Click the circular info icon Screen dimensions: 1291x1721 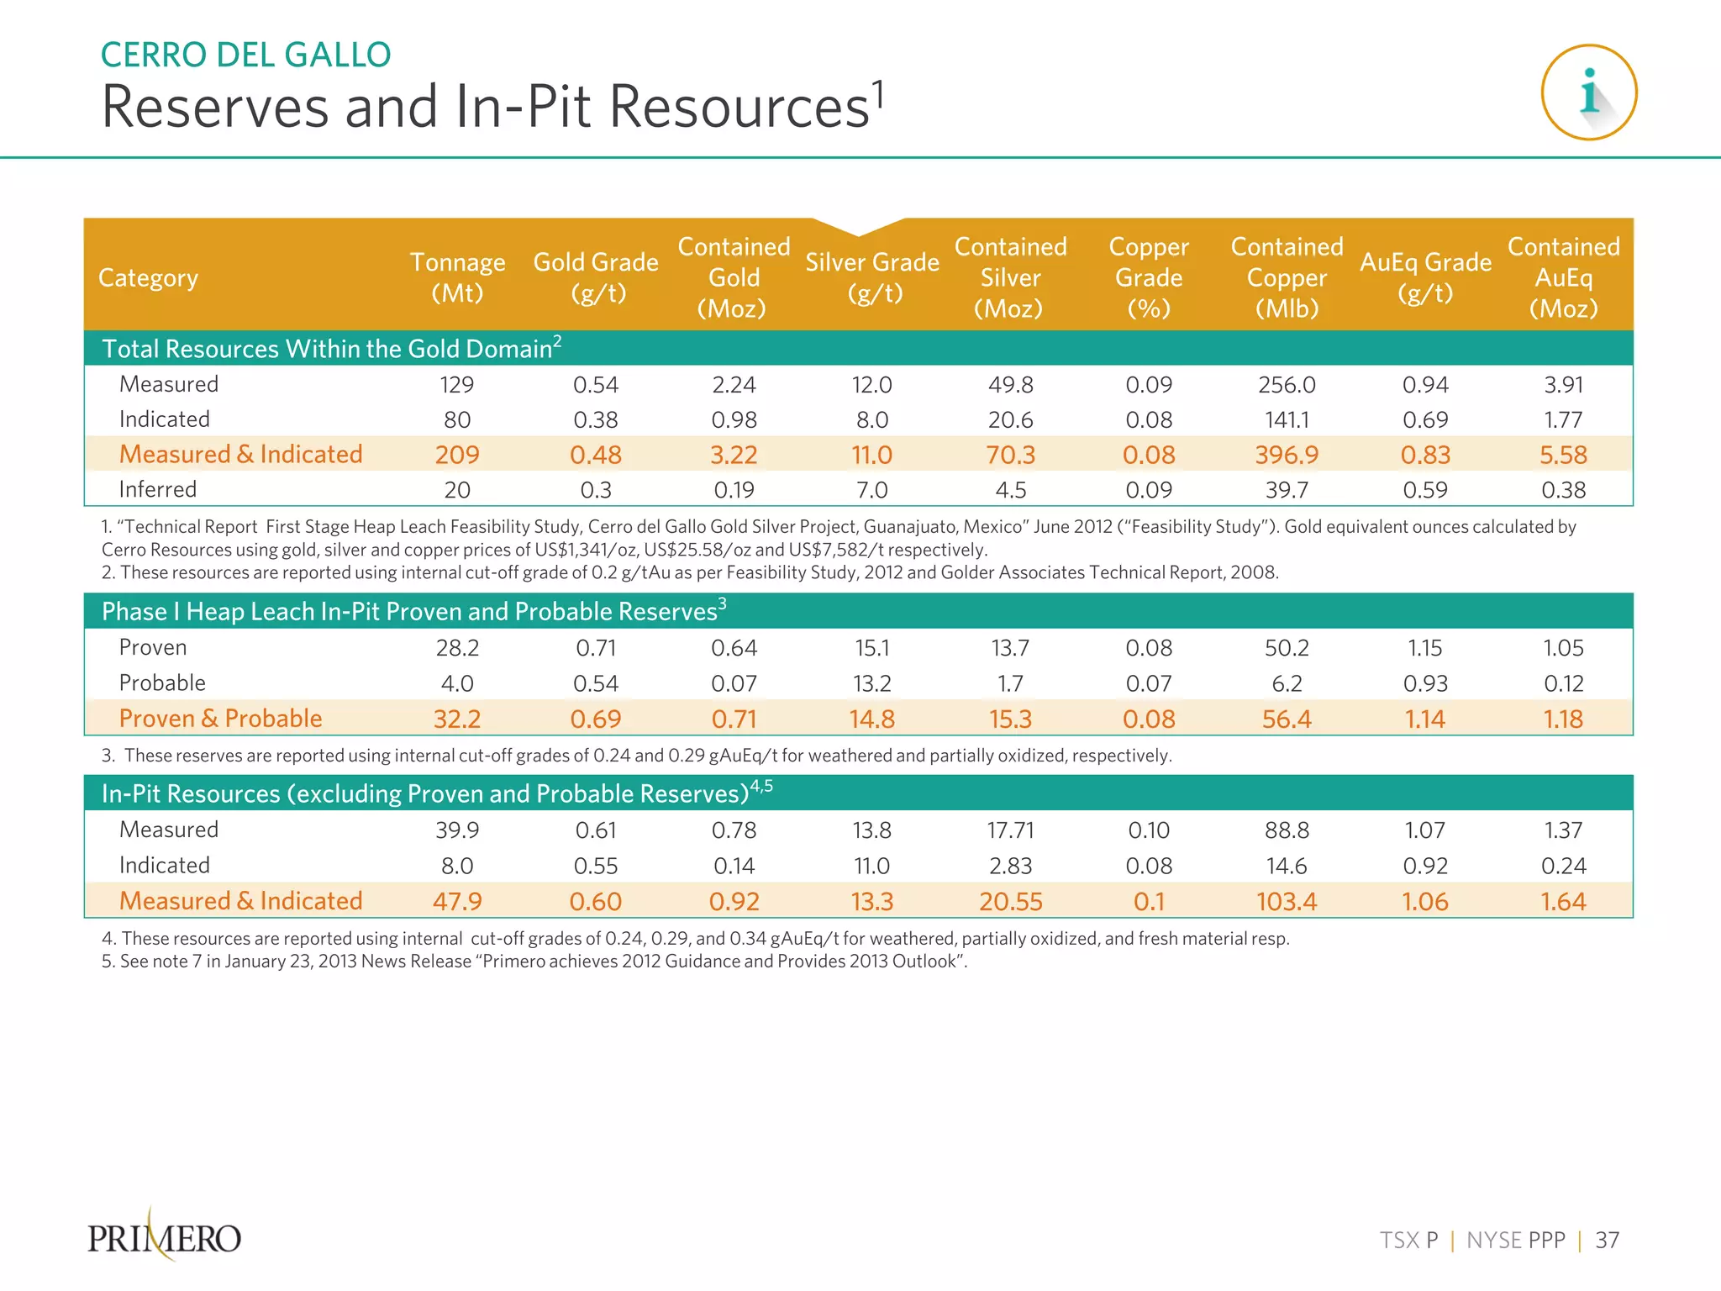click(x=1588, y=92)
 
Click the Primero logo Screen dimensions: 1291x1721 click(x=165, y=1237)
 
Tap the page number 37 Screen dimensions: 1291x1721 click(x=1607, y=1241)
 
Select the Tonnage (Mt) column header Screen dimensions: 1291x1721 click(x=457, y=277)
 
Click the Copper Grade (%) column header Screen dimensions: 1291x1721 click(x=1149, y=277)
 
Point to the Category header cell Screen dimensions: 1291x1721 click(x=149, y=277)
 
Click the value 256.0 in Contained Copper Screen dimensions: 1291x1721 click(x=1287, y=385)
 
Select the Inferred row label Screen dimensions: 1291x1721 click(x=158, y=489)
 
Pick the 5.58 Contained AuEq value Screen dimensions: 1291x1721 click(x=1563, y=455)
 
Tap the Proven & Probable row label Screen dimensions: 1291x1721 click(x=220, y=719)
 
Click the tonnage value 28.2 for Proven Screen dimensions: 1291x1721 click(x=457, y=648)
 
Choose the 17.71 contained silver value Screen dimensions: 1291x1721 click(x=1010, y=830)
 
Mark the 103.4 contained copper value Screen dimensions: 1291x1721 click(x=1287, y=902)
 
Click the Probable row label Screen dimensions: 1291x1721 click(x=162, y=683)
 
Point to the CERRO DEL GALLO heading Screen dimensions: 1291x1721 click(x=245, y=55)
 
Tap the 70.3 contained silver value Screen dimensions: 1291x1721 click(x=1010, y=455)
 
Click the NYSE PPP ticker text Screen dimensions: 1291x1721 click(x=1516, y=1241)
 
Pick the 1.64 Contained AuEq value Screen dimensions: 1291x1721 click(x=1563, y=902)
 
